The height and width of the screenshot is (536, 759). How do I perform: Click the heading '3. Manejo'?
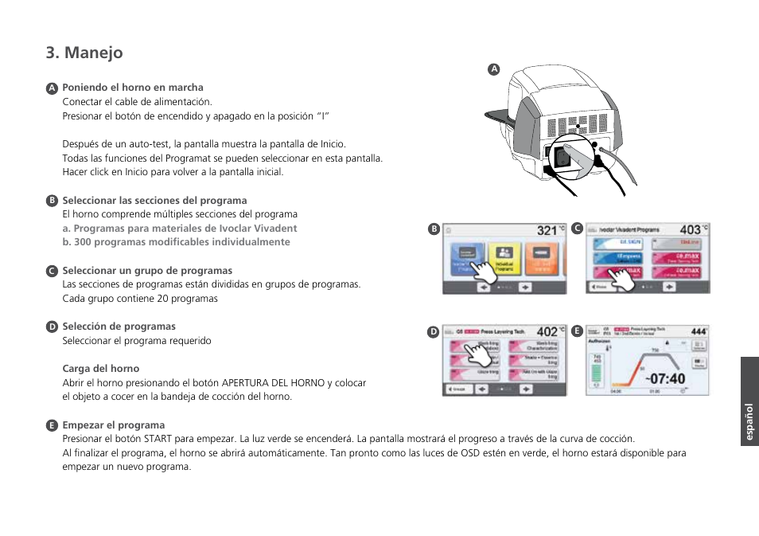pos(84,53)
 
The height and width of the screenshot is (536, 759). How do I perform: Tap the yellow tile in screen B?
pos(504,260)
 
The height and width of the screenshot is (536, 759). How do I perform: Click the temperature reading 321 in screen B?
pos(547,230)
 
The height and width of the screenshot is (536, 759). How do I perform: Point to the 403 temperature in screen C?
pos(690,229)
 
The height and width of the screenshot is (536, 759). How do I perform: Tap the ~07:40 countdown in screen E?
pos(664,378)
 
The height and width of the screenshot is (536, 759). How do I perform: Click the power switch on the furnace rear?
pos(562,157)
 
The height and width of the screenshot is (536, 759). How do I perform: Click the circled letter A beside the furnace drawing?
pos(493,69)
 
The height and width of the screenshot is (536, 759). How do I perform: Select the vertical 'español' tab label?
pos(749,423)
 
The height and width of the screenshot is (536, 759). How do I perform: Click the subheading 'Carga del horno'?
pos(101,369)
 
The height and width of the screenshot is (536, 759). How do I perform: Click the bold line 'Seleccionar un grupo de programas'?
pos(147,271)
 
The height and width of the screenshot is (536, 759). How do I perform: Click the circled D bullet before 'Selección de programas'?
pos(52,327)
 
